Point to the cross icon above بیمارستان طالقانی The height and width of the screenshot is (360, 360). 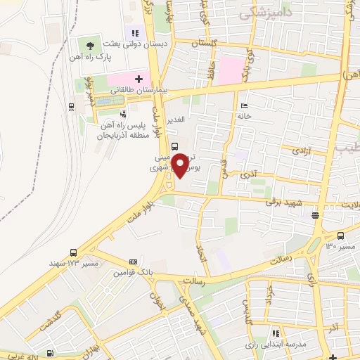click(139, 79)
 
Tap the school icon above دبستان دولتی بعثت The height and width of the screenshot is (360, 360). click(134, 32)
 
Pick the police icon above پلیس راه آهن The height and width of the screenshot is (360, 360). click(124, 112)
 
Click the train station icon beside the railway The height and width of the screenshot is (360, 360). click(72, 107)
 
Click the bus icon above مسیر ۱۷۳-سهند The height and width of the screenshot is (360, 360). click(74, 253)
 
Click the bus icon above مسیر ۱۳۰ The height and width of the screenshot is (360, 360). click(341, 237)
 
